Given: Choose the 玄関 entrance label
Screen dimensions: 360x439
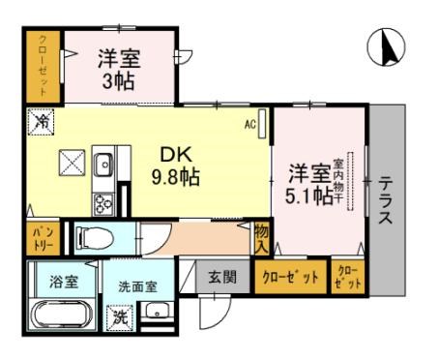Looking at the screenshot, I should point(221,278).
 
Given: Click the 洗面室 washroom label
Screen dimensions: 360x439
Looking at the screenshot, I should point(136,287).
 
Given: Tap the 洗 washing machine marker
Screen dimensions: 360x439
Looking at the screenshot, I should point(119,316).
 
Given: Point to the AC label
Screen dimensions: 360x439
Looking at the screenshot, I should point(249,125).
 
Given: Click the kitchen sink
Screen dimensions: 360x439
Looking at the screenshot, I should point(104,163).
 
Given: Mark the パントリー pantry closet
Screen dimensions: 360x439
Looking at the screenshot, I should point(43,237).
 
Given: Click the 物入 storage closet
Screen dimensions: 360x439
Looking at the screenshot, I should point(262,238).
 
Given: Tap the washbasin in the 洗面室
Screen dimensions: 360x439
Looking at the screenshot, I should point(158,313).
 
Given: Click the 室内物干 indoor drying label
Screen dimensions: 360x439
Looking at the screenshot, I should point(339,178).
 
